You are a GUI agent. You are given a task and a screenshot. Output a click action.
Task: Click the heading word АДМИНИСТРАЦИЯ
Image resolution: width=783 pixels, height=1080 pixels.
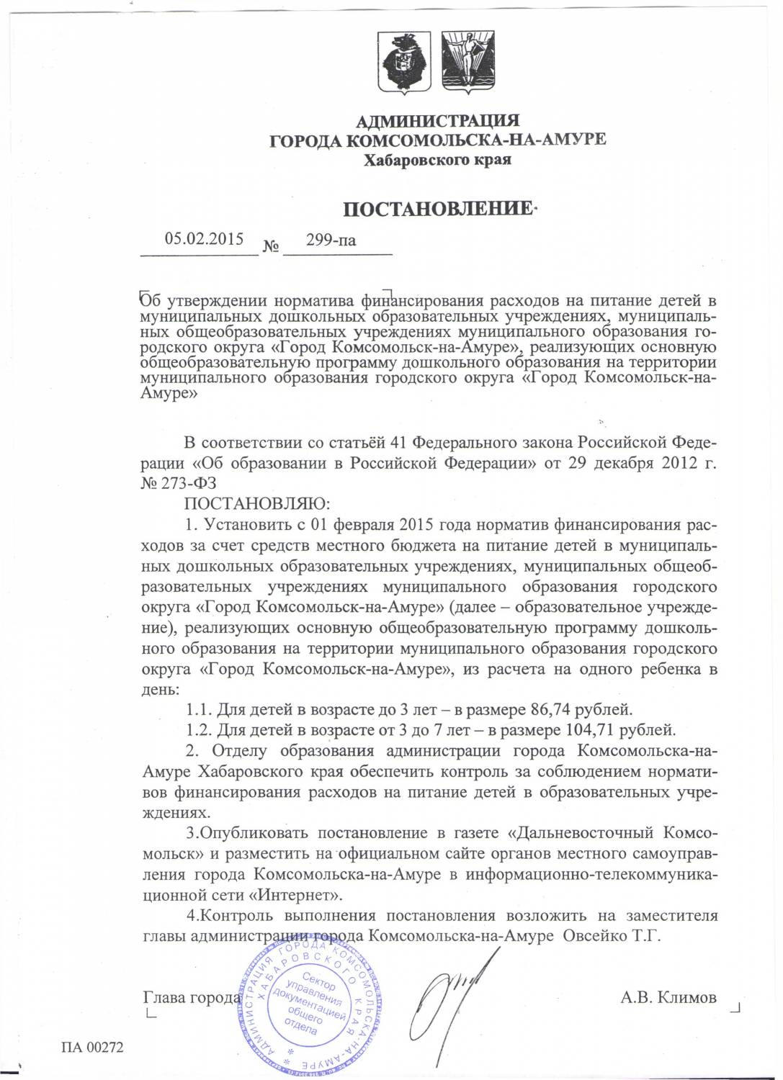pos(438,120)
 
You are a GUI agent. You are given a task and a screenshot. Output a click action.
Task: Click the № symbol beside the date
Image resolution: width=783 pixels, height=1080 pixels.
pos(272,246)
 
